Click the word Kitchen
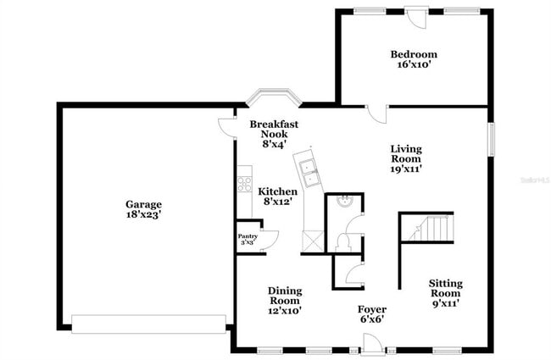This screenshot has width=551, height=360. tap(276, 191)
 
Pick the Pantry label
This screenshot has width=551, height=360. tap(247, 237)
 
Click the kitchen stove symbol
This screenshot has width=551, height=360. tap(244, 182)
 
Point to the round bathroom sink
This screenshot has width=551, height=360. tap(343, 202)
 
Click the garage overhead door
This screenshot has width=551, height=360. tap(148, 323)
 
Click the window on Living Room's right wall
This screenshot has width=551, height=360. tap(491, 139)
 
